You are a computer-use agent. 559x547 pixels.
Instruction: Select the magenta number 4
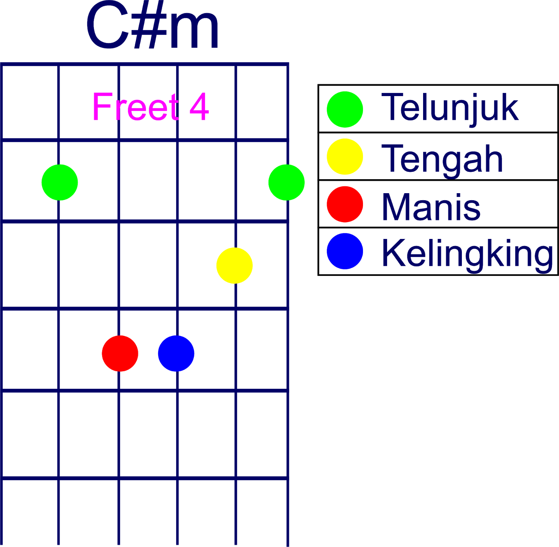[199, 107]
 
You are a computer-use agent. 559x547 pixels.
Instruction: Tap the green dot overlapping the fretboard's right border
[286, 182]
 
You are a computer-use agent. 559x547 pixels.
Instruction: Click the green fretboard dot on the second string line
[60, 182]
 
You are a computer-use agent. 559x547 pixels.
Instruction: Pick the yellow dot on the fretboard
[234, 265]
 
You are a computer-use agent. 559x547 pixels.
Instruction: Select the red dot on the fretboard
[120, 353]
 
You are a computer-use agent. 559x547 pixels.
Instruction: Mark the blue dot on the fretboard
[176, 353]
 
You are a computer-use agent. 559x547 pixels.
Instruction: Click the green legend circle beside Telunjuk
[345, 109]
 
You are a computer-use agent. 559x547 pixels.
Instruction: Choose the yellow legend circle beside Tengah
[345, 156]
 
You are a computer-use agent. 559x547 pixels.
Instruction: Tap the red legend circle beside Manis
[345, 204]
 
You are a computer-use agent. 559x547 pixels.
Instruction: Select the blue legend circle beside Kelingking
[345, 251]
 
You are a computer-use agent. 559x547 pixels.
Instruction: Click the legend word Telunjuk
[450, 108]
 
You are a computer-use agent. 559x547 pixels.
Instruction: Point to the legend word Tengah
[442, 159]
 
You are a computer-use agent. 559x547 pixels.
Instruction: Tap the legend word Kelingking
[467, 254]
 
